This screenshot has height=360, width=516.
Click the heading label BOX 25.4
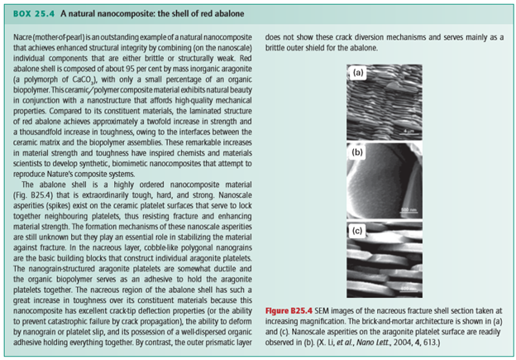33,11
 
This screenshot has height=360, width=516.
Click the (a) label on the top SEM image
358,73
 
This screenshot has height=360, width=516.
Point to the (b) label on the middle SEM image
358,152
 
